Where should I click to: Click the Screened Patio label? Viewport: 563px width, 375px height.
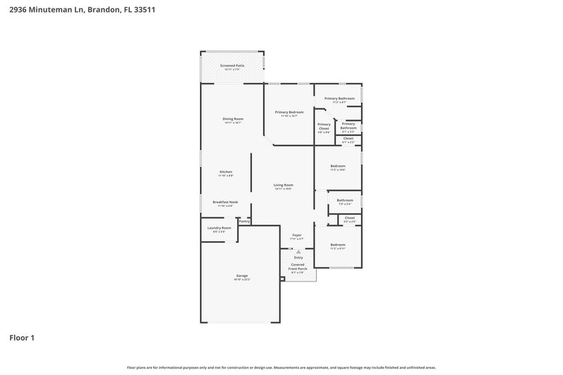232,65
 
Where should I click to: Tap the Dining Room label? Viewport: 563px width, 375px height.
233,119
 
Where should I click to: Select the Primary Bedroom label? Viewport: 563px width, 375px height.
289,112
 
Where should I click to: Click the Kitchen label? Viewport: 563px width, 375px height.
226,172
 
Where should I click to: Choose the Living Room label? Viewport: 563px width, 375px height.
283,185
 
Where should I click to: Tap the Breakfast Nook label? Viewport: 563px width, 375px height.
225,202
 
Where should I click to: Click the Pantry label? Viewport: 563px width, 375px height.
244,221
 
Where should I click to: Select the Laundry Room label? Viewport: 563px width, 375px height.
219,228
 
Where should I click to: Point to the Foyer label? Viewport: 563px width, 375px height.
297,235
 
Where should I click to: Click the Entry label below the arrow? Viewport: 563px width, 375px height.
298,258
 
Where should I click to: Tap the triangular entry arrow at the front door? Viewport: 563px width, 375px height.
298,251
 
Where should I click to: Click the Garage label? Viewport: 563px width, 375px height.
241,275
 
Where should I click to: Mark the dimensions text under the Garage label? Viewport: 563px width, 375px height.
241,280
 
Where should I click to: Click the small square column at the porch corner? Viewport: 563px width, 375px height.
282,279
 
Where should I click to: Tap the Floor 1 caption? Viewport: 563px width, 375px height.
22,338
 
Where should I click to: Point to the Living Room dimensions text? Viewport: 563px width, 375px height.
283,189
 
